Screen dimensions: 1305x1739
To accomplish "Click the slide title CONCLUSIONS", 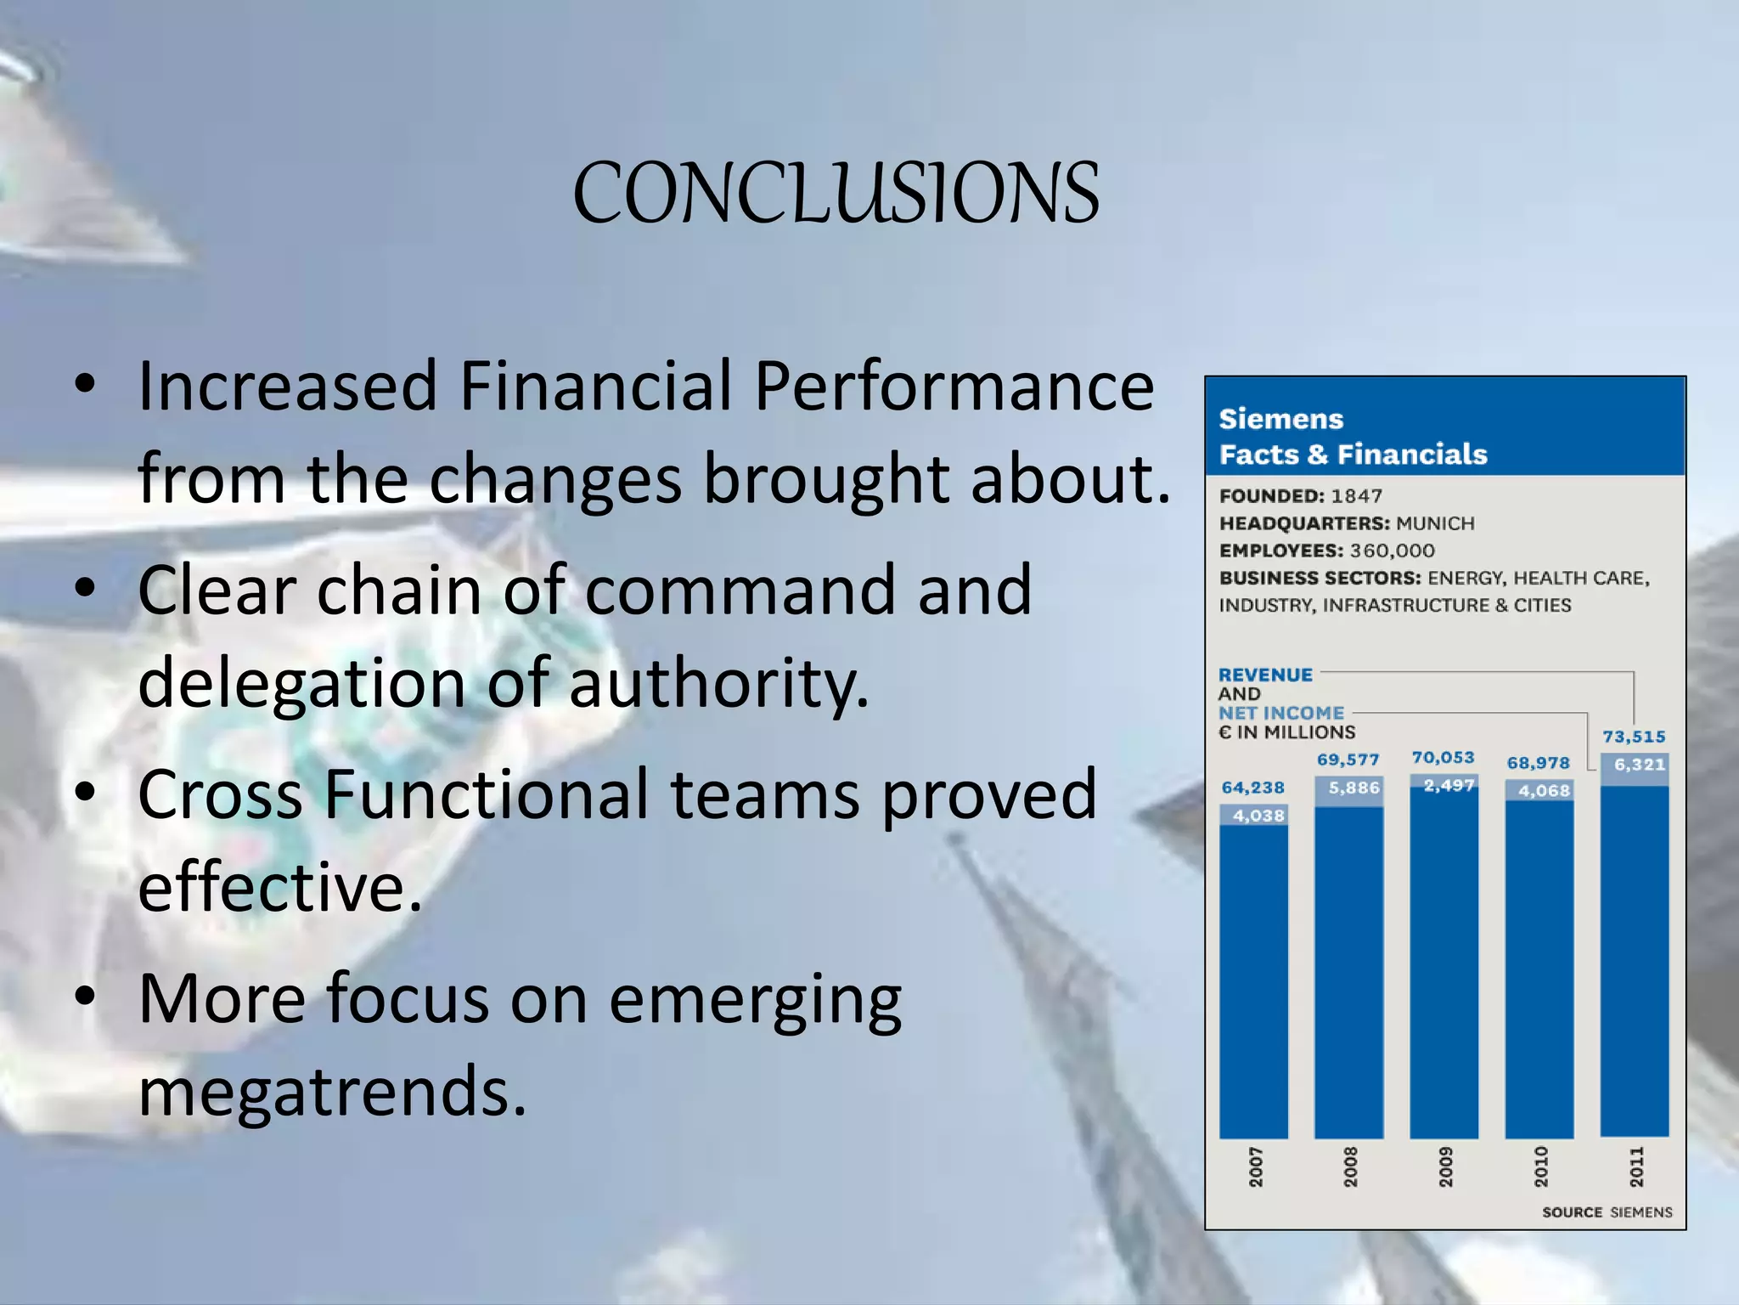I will (836, 195).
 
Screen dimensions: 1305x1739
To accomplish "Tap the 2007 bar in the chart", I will (1253, 977).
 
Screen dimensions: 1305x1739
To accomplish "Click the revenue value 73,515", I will (1634, 737).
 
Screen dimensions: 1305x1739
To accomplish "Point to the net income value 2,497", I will (1449, 786).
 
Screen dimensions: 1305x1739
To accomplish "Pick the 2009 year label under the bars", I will (1445, 1167).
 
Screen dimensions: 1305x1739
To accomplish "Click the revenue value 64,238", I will (1252, 788).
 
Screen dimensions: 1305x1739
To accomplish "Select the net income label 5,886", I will (1353, 788).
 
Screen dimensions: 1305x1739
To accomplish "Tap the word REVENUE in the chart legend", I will (1265, 675).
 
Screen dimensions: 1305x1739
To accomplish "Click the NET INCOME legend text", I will (1281, 713).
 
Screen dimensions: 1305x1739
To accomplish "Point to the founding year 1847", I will (1357, 495).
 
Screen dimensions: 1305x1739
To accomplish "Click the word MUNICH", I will (1435, 523).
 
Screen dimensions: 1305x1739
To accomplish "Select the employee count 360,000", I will (1392, 551).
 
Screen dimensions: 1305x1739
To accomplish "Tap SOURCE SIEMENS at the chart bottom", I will (1607, 1212).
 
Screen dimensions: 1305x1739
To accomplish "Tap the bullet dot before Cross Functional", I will (85, 792).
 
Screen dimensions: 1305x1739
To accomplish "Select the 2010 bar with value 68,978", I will (1539, 969).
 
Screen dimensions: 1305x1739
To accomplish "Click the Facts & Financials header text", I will (1353, 455).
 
